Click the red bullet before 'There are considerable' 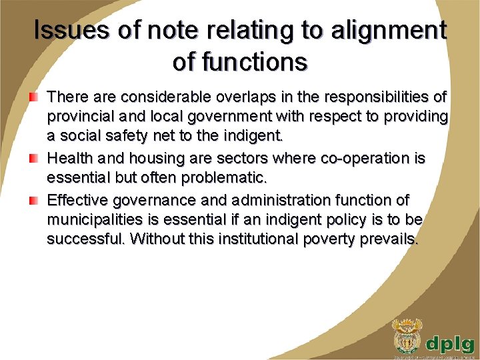point(33,98)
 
